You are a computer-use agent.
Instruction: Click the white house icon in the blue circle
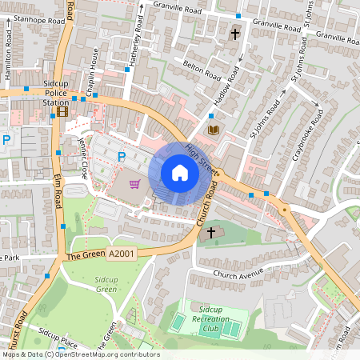click(180, 172)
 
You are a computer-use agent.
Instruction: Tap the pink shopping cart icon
click(135, 184)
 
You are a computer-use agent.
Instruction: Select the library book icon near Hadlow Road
click(213, 129)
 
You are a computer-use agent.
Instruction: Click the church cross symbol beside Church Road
click(211, 233)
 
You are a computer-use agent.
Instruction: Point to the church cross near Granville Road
click(235, 34)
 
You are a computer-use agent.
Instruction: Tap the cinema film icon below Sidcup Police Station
click(62, 111)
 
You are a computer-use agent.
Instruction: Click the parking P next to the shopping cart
click(122, 157)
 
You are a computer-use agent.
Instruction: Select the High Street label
click(202, 156)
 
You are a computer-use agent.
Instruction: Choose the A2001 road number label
click(121, 254)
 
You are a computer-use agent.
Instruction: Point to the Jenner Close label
click(82, 158)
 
